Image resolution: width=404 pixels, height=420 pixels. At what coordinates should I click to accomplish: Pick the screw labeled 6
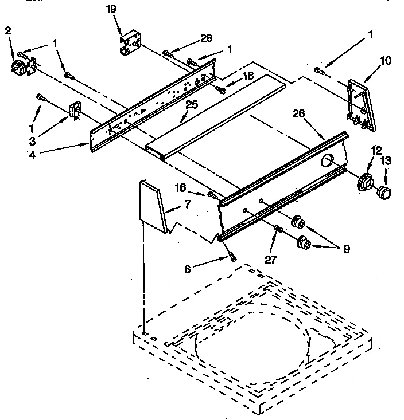click(232, 257)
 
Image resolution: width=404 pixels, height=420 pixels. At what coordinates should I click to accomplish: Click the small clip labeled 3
click(75, 110)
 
